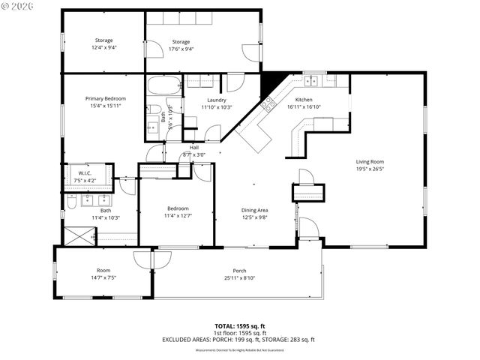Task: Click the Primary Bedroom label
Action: (x=105, y=98)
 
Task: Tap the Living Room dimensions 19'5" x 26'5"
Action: (x=370, y=169)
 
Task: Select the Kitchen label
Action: (x=304, y=100)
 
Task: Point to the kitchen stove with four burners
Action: (x=268, y=105)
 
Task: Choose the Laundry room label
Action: (x=217, y=100)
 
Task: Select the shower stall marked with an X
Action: (x=79, y=236)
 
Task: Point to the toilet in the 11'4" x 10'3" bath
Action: (x=70, y=201)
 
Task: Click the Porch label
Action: (x=239, y=271)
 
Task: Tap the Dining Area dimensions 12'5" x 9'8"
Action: (x=254, y=217)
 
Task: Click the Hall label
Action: (x=194, y=148)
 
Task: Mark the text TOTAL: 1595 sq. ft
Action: (x=239, y=325)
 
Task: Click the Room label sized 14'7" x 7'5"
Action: (x=103, y=271)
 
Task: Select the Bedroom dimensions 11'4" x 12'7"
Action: (x=178, y=215)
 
